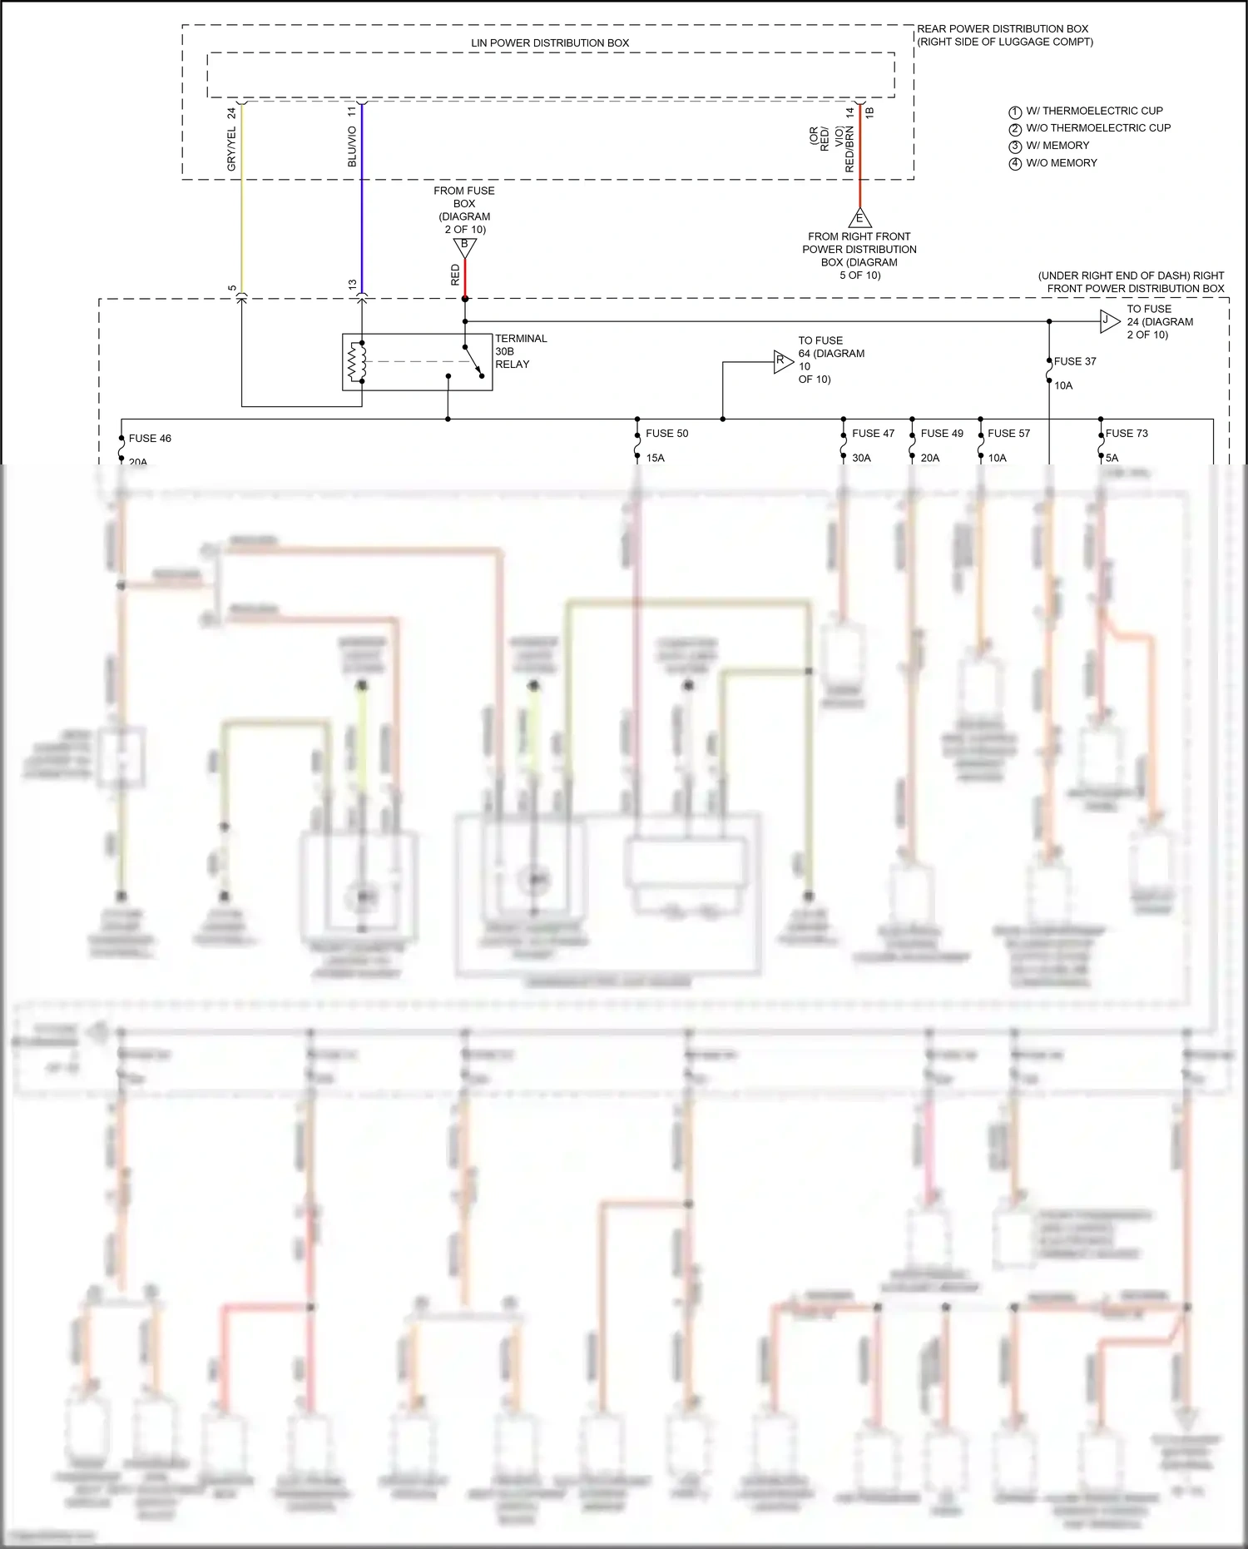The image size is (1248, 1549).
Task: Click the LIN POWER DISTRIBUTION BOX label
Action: pos(550,43)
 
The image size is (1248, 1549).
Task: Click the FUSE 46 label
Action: pos(150,439)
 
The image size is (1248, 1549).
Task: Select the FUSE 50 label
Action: pos(666,434)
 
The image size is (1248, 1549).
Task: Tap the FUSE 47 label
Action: pos(873,434)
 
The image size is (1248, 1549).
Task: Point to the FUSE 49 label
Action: pos(942,434)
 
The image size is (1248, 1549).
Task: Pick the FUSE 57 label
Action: pos(1008,434)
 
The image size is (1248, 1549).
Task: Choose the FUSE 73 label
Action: pos(1127,434)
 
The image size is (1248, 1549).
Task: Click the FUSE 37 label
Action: pos(1075,361)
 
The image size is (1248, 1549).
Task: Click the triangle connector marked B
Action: pos(465,246)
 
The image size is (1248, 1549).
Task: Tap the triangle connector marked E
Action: pos(859,219)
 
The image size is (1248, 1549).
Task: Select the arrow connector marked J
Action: pos(1109,321)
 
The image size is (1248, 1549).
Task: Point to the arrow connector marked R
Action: pos(782,361)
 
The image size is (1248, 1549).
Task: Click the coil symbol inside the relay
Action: pos(357,362)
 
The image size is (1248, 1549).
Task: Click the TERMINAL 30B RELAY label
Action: pos(521,351)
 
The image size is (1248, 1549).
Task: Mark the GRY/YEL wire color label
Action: pos(232,149)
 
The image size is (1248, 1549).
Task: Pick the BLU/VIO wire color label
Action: pos(352,146)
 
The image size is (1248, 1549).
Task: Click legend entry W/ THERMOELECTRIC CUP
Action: pos(1093,111)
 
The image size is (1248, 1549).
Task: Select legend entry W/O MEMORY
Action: pos(1061,163)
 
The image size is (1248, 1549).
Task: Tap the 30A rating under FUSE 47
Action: pos(861,458)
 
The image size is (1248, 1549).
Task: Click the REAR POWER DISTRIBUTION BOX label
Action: pos(1003,29)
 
